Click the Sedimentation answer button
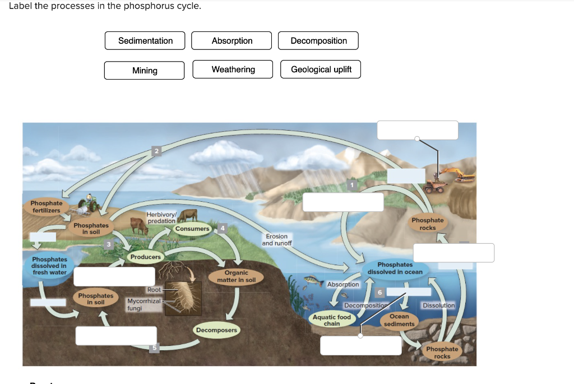coord(145,41)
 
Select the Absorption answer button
coord(232,41)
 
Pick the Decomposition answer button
coord(318,41)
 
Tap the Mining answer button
coord(145,71)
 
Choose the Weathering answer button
coord(233,70)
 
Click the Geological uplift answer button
coord(321,70)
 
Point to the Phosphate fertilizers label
coord(46,206)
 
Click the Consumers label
coord(192,229)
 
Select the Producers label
coord(145,257)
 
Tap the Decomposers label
coord(216,330)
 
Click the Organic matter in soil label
coord(236,276)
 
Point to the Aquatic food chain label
coord(331,320)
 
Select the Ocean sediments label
coord(399,320)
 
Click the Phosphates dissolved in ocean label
coord(395,268)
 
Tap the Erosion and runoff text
coord(276,240)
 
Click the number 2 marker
coord(157,151)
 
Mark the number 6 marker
coord(379,293)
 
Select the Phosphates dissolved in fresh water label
coord(49,266)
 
